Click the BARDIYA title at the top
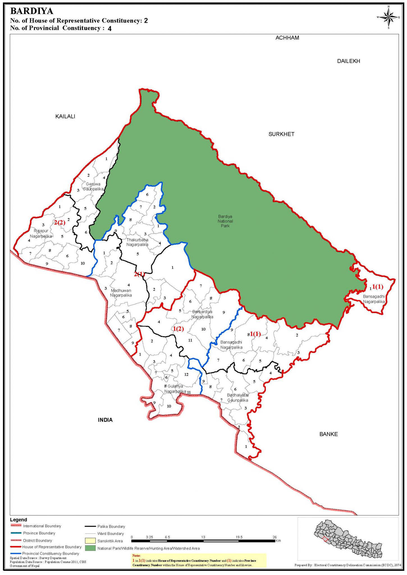[x=31, y=11]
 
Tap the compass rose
[x=388, y=17]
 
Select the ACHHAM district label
[x=287, y=38]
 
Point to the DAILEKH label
[x=348, y=61]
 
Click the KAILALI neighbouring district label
[x=65, y=117]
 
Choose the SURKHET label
[x=281, y=134]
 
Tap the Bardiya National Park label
[x=225, y=221]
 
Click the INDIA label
[x=105, y=420]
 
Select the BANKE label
[x=328, y=434]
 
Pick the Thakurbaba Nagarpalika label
[x=137, y=242]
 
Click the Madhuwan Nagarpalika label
[x=121, y=293]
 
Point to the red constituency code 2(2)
[x=60, y=223]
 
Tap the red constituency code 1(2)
[x=178, y=329]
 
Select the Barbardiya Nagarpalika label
[x=202, y=314]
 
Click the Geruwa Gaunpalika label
[x=93, y=187]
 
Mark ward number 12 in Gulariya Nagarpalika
[x=186, y=375]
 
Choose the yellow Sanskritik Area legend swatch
[x=90, y=540]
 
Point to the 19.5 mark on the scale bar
[x=239, y=537]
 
